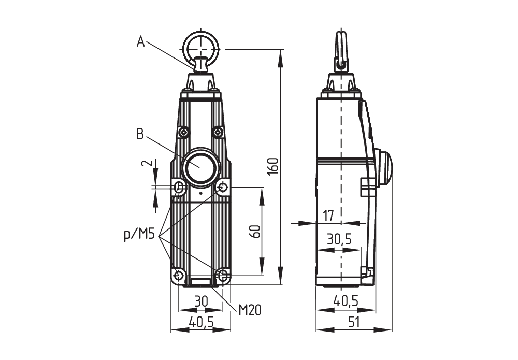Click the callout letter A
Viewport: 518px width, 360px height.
[140, 41]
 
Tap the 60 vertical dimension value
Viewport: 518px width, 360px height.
[254, 232]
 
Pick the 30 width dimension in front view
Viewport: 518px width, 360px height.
[200, 301]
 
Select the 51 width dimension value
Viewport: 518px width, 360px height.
[354, 322]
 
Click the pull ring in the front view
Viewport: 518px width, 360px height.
[202, 48]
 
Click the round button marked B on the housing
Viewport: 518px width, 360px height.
[200, 167]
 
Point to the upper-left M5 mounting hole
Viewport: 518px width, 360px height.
[179, 187]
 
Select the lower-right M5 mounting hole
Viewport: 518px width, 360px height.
[223, 275]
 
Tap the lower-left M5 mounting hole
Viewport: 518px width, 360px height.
[179, 275]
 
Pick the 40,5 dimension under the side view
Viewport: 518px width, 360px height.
[346, 301]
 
